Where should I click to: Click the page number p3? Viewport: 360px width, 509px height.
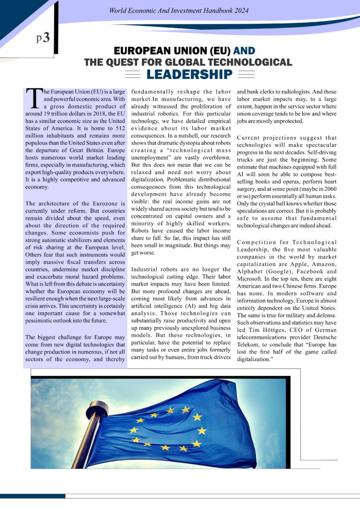tap(43, 38)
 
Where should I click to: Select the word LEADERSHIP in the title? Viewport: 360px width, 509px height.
tap(189, 75)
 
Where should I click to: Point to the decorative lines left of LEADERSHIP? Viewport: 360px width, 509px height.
tap(132, 75)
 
